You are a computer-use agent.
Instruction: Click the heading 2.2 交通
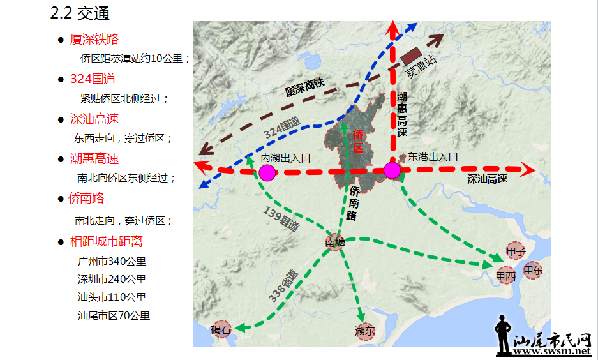[80, 13]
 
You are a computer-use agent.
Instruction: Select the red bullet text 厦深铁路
[94, 40]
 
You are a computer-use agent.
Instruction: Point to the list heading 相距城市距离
[106, 241]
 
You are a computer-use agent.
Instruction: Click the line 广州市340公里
[112, 262]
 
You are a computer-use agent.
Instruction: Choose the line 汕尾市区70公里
[114, 315]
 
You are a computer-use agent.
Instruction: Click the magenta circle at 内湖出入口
[267, 172]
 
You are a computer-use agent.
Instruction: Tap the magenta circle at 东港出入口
[392, 170]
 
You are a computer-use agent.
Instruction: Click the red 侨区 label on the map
[358, 141]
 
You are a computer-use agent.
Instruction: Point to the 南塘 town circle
[335, 242]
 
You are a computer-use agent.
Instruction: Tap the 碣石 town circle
[221, 329]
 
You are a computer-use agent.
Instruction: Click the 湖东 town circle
[365, 331]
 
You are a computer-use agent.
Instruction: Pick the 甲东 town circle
[532, 270]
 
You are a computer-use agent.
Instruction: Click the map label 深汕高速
[487, 179]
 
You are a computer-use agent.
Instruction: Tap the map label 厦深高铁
[305, 88]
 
